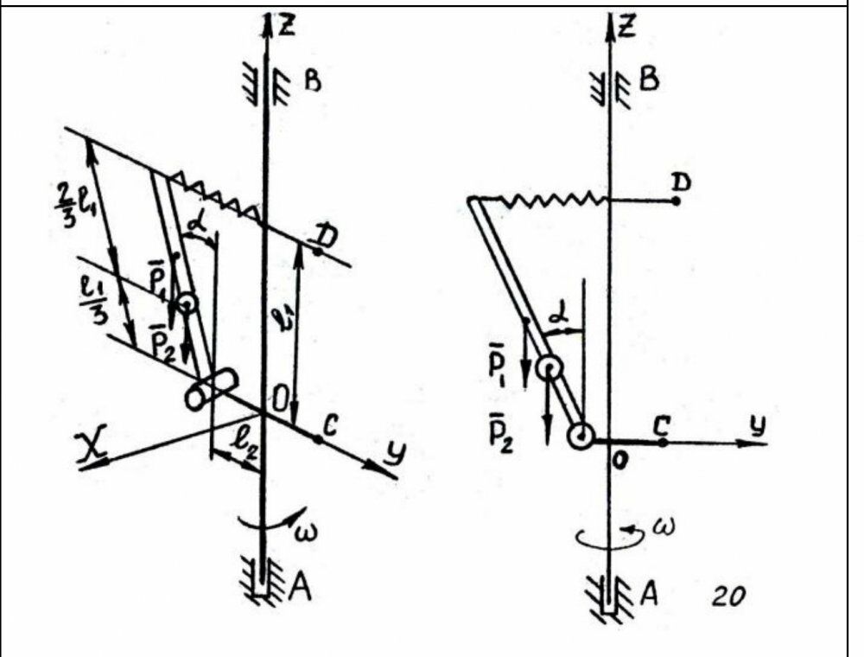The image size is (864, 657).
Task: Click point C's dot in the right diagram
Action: click(x=663, y=442)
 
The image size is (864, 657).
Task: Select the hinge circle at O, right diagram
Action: click(x=581, y=437)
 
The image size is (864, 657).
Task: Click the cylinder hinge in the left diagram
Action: click(x=210, y=390)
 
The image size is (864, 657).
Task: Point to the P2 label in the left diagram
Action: click(x=158, y=347)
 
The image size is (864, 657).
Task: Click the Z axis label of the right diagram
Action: click(x=627, y=28)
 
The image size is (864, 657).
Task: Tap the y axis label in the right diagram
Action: click(x=758, y=425)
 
